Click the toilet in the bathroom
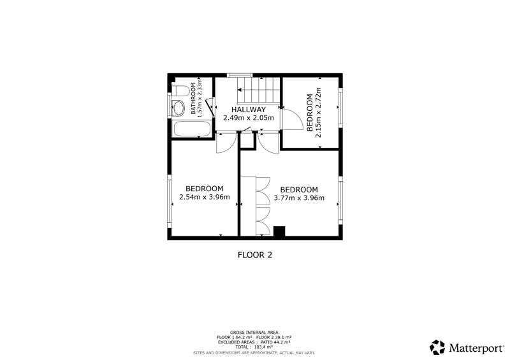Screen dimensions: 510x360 click(181, 90)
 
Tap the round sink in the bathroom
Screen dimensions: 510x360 click(178, 108)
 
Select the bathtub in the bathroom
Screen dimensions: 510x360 click(193, 129)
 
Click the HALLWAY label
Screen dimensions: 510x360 click(249, 110)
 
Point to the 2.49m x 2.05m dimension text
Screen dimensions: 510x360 click(249, 118)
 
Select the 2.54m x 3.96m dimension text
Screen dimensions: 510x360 click(205, 197)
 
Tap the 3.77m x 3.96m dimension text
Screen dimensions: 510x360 click(299, 198)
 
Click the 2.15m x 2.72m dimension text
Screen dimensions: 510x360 click(318, 113)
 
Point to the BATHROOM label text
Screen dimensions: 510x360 click(193, 99)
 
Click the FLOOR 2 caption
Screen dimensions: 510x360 click(255, 255)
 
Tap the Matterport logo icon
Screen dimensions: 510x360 click(437, 347)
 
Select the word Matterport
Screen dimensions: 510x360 click(476, 349)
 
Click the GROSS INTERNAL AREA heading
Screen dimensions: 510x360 click(254, 333)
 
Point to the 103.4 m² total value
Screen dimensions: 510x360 click(263, 347)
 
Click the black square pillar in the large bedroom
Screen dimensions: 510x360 click(279, 231)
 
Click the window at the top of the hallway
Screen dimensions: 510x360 click(240, 75)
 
